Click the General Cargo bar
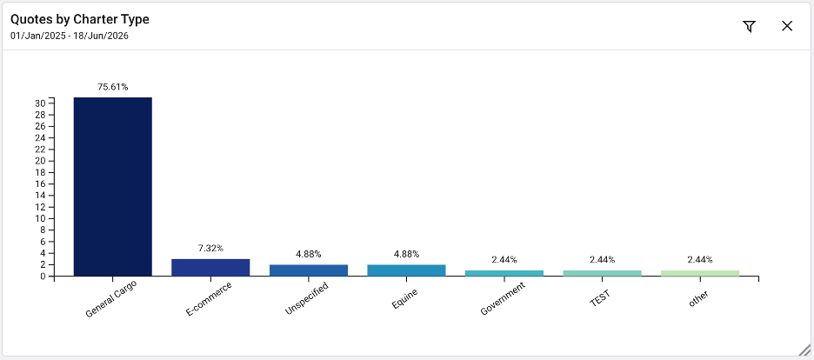pos(113,187)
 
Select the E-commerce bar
pos(210,268)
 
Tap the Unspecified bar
pos(309,270)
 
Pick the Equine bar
pos(406,270)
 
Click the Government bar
pos(504,273)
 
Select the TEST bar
pos(602,273)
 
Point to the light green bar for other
pos(700,273)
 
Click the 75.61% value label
pos(113,87)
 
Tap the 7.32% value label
pos(210,249)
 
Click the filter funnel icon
pos(749,26)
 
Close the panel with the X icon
pos(787,26)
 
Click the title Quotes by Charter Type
pos(80,20)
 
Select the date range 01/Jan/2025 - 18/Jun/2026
pos(70,37)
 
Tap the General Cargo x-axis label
pos(111,300)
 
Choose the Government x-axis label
pos(504,299)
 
